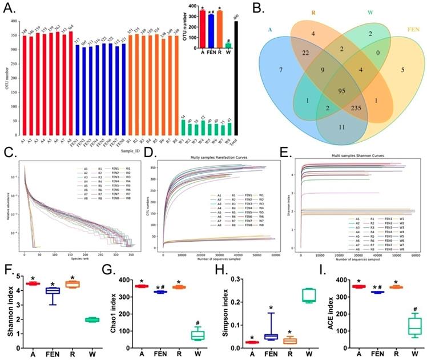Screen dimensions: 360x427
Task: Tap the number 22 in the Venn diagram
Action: (307, 53)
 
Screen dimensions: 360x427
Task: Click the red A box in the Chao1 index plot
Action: (140, 286)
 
